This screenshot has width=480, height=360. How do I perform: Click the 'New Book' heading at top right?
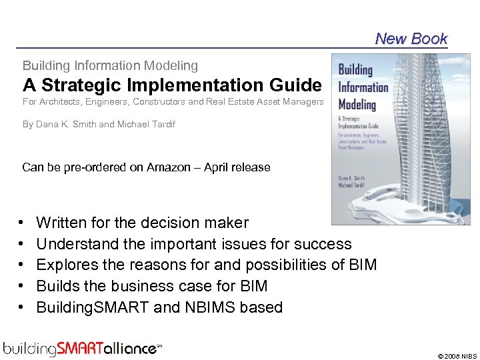point(411,39)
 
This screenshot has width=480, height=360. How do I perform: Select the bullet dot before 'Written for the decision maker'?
point(22,223)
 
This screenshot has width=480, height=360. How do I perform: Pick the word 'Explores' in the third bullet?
point(63,265)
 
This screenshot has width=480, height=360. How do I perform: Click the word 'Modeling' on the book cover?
point(357,105)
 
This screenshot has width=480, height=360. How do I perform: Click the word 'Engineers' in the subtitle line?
point(157,102)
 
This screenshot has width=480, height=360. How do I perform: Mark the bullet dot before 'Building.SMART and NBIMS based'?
point(22,307)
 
